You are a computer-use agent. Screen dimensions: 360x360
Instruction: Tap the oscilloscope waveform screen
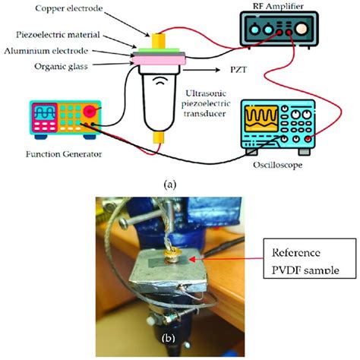[x=258, y=121]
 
